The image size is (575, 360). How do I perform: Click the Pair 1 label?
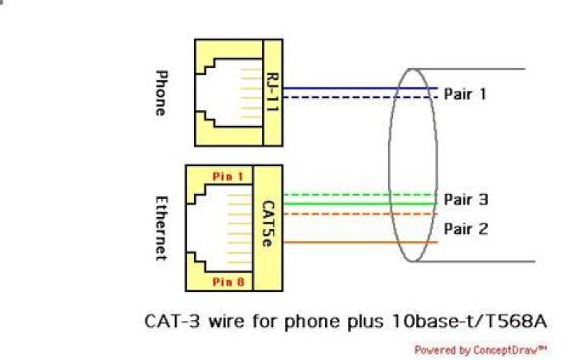coord(466,94)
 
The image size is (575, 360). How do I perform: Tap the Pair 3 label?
coord(466,200)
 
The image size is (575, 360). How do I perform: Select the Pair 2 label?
coord(466,229)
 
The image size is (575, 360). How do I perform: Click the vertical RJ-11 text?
coord(273,94)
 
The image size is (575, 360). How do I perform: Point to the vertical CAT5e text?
coord(269,226)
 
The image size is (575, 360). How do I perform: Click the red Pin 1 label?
coord(228,176)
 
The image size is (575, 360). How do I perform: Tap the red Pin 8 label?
coord(228,282)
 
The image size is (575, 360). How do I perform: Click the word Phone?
coord(160,94)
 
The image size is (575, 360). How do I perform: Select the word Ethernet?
coord(160,227)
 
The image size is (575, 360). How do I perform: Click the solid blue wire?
coord(359,88)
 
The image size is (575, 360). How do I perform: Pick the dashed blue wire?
coord(359,97)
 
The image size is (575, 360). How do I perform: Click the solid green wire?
coord(359,204)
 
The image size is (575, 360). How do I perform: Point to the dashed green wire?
coord(359,194)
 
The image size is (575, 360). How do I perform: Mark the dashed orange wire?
coord(359,214)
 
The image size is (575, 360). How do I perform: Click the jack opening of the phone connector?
coord(228,93)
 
